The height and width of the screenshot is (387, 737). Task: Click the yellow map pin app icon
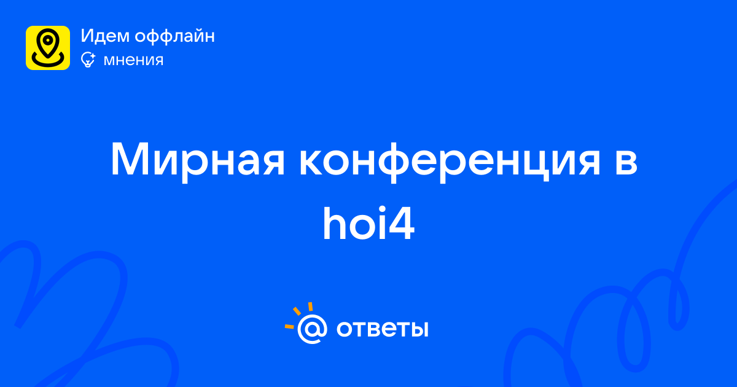pos(48,48)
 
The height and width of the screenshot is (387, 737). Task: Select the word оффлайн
pos(174,36)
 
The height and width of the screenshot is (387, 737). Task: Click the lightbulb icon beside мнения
pos(88,60)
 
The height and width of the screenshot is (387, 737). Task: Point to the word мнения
pos(133,60)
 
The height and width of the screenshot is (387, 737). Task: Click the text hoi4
pos(368,224)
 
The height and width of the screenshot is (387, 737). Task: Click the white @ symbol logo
pos(312,329)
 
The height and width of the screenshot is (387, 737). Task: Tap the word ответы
pos(382,329)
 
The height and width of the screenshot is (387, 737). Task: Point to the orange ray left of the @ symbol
pos(289,326)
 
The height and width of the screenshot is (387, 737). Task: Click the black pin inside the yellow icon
pos(48,43)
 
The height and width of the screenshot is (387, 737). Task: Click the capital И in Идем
pos(87,36)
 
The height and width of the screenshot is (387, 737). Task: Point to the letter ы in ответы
pos(419,329)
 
